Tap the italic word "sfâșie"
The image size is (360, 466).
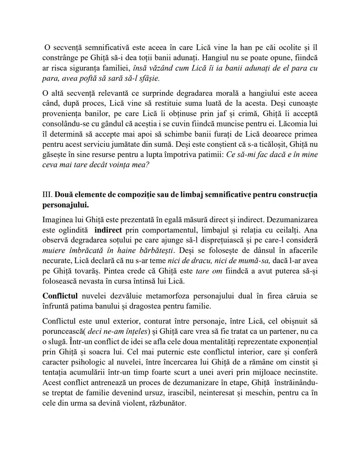point(146,78)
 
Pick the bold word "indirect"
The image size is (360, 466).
point(108,230)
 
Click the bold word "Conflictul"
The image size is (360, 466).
point(60,296)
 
